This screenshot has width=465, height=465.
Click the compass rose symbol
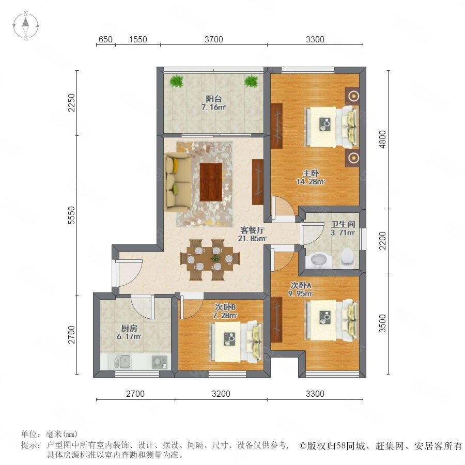pos(26,26)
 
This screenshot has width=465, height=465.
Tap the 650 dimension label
pos(105,39)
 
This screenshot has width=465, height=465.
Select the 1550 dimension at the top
pos(138,39)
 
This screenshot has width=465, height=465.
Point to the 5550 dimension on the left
pos(72,215)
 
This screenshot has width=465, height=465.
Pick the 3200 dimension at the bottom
pos(221,394)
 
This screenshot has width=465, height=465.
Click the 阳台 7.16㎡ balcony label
pos(213,103)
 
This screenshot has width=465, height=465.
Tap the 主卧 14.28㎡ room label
pos(311,177)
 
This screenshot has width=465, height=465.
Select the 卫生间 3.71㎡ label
pos(343,228)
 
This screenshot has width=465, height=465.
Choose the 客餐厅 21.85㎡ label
pos(252,234)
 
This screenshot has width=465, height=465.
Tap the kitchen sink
pos(122,361)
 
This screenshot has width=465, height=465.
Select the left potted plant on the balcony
pos(177,81)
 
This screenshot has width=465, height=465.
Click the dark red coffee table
pos(211,182)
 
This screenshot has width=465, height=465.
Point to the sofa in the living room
pos(177,181)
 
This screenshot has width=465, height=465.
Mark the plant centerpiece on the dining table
pos(215,258)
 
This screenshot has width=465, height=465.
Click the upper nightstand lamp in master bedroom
pos(352,96)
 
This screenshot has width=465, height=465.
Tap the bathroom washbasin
pos(318,260)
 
